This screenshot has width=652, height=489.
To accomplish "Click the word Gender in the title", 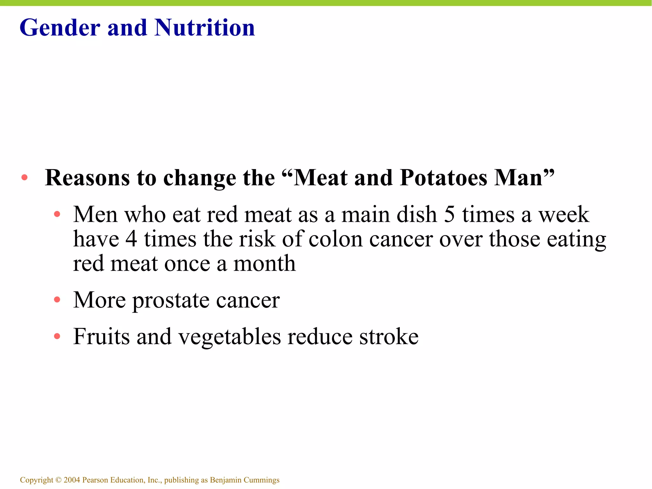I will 60,28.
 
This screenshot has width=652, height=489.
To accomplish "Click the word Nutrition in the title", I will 204,28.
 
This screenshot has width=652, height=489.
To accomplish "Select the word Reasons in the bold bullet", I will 87,177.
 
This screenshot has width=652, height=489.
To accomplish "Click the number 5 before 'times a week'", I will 449,214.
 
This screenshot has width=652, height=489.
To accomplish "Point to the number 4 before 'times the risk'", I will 131,239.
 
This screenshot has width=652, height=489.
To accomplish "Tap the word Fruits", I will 102,337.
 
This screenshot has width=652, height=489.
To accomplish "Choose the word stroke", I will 389,337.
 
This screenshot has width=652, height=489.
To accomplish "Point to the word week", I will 563,214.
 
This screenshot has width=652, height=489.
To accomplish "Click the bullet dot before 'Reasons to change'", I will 25,178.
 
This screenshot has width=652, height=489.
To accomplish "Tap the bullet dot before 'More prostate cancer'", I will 57,300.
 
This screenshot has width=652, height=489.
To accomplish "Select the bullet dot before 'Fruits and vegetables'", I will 57,336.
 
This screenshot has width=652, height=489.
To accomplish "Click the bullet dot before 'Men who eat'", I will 57,214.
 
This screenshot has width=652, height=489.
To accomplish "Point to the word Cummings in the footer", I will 261,480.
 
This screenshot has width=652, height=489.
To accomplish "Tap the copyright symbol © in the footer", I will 58,480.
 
